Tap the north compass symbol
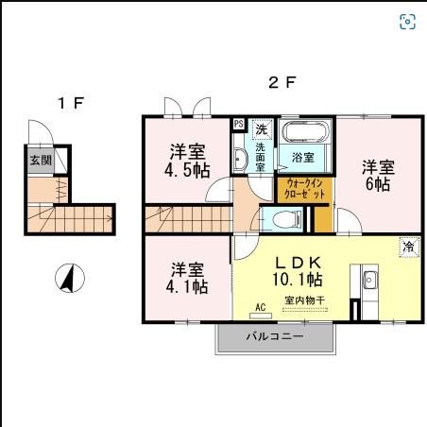tap(68, 278)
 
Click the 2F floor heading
tap(278, 83)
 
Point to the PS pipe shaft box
tap(238, 124)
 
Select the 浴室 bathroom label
tap(302, 157)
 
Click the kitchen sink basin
tap(369, 280)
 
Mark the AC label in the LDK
tap(261, 306)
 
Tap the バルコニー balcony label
tap(275, 335)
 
